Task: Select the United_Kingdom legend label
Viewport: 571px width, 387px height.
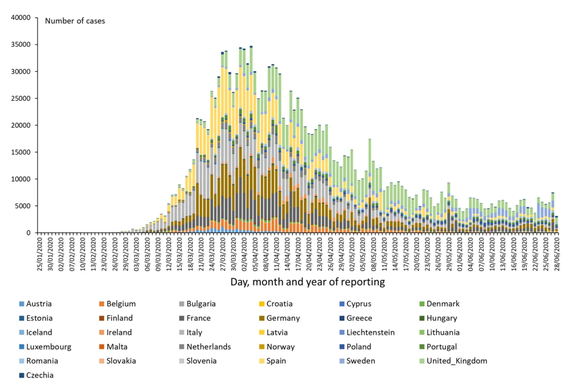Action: (x=457, y=361)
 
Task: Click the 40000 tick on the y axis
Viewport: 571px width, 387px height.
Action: (x=21, y=18)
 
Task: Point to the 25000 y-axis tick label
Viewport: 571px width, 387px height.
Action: (x=21, y=98)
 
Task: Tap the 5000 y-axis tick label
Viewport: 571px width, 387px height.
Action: (x=23, y=206)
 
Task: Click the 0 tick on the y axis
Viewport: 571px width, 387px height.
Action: (x=29, y=233)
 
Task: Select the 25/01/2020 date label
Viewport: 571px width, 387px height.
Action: (x=40, y=252)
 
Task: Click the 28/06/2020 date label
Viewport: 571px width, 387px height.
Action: (x=557, y=252)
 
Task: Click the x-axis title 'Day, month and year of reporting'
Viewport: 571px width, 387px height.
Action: (x=308, y=282)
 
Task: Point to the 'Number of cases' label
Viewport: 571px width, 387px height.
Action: (x=75, y=21)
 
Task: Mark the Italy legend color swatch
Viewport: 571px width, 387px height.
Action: (x=182, y=332)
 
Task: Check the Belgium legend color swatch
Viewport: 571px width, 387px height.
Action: (x=101, y=304)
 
